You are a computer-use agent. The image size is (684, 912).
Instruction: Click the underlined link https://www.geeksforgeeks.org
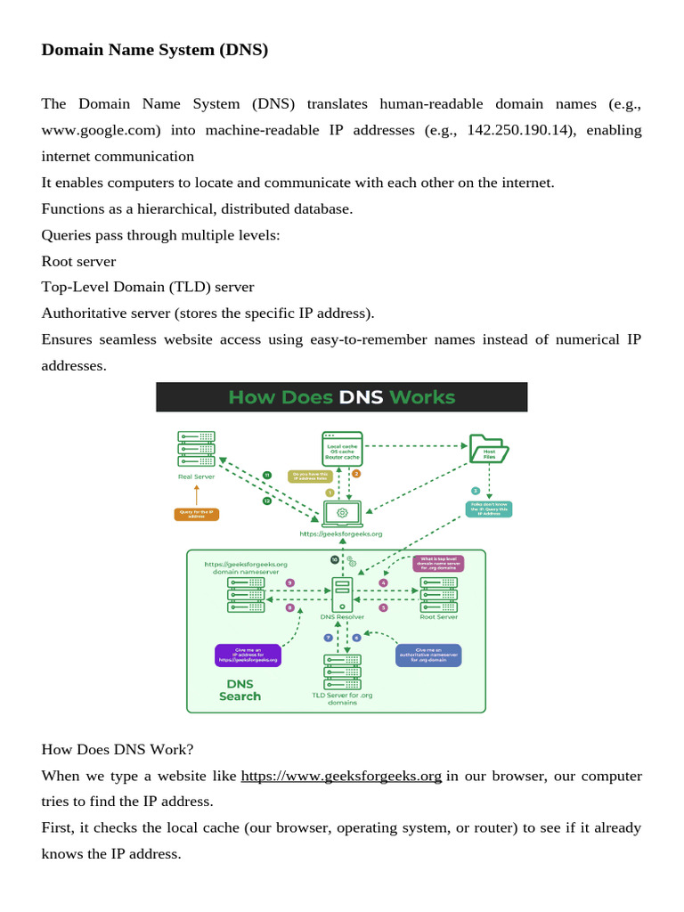coord(341,776)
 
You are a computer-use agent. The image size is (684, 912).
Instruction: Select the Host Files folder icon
coord(489,449)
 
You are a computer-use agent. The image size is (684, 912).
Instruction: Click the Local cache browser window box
coord(342,448)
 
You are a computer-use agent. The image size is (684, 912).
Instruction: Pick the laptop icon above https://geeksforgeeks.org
coord(341,514)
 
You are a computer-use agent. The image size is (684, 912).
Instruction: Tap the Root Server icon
coord(438,593)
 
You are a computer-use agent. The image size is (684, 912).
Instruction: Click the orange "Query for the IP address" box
coord(196,514)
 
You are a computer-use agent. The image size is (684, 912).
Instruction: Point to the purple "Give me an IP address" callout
coord(248,655)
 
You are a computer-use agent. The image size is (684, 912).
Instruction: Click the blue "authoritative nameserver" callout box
coord(428,655)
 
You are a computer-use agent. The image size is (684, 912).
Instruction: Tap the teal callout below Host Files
coord(489,509)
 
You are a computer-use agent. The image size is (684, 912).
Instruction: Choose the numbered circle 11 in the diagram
coord(266,475)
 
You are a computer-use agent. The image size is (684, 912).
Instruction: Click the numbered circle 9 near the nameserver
coord(289,582)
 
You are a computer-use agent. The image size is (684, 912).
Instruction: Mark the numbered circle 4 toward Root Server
coord(384,582)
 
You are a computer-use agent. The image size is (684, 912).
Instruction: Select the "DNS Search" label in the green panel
coord(240,690)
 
